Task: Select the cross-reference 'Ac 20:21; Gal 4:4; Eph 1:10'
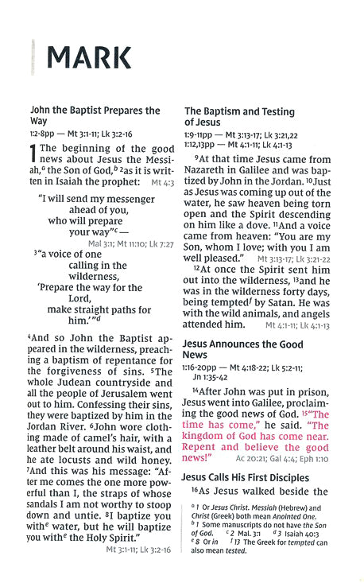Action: [x=283, y=458]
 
